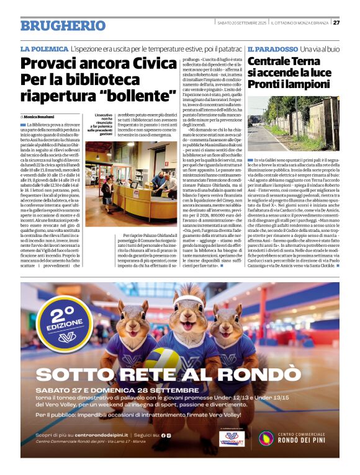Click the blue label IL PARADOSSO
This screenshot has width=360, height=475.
(x=272, y=48)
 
